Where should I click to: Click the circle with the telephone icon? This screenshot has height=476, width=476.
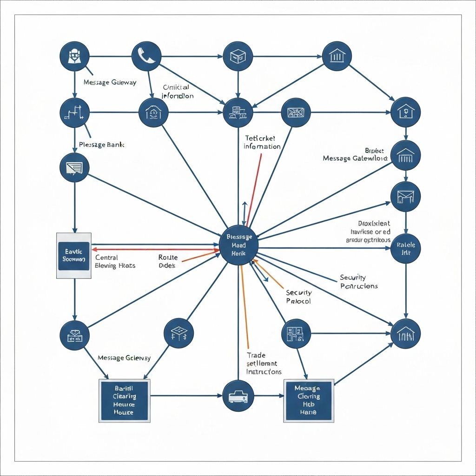click(146, 56)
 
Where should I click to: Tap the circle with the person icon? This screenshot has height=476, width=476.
click(74, 56)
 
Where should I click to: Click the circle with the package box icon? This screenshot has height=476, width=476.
click(238, 56)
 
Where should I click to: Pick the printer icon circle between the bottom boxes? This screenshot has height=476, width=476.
click(238, 396)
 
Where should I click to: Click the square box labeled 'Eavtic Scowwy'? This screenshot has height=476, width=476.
click(74, 256)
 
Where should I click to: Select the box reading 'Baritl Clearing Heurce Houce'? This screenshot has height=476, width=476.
click(125, 400)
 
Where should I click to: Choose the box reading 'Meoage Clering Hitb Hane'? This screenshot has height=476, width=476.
click(309, 400)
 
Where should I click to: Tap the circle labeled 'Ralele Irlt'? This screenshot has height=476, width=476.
click(405, 249)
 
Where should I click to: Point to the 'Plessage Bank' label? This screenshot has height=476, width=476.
click(101, 145)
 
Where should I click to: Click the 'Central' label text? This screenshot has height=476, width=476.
click(106, 257)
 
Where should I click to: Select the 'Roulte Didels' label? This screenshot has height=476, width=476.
click(165, 261)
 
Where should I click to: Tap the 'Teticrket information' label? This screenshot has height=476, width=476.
click(262, 142)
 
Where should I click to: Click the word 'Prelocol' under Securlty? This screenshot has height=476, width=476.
click(298, 301)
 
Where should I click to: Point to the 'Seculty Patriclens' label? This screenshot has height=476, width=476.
click(359, 282)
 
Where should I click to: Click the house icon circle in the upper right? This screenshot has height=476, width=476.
click(405, 112)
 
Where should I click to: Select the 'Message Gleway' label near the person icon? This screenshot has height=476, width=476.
click(110, 82)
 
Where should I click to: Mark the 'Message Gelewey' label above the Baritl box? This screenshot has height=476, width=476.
click(124, 358)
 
